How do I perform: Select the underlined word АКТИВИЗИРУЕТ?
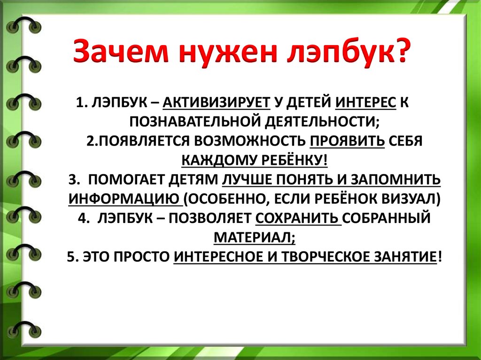pyautogui.click(x=217, y=103)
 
